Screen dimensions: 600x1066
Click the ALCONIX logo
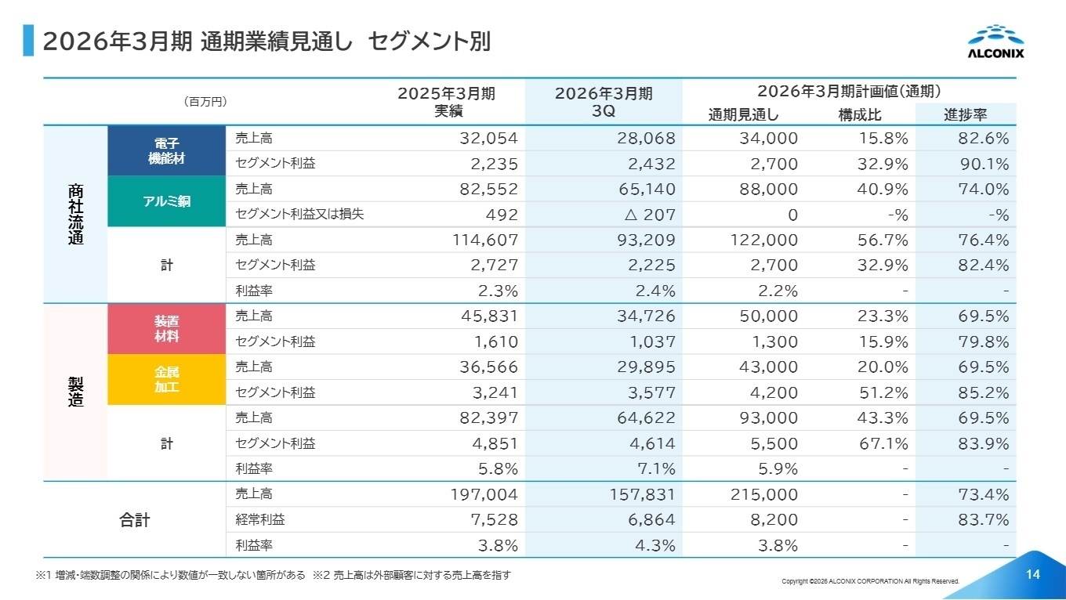coord(995,42)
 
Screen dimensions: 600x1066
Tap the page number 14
coord(1032,575)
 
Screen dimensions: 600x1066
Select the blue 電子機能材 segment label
coord(166,150)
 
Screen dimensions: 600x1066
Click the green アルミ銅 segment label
coord(166,201)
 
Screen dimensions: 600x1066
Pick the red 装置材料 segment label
coord(166,329)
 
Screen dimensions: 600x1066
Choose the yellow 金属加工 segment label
coord(166,379)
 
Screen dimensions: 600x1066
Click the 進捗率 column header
coord(965,115)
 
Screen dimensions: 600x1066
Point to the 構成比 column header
coord(860,115)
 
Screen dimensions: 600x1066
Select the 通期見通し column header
coord(743,115)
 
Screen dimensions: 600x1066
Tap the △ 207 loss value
coord(647,215)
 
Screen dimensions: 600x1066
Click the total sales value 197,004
coord(484,494)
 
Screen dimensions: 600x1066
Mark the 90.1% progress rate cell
coord(984,164)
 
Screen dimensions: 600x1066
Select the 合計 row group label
coord(134,520)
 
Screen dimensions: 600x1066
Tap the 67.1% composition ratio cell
coord(882,444)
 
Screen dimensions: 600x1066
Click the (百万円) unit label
coord(205,102)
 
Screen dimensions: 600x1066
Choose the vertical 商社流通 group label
coord(75,215)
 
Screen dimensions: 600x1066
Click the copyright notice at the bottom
coord(870,581)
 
